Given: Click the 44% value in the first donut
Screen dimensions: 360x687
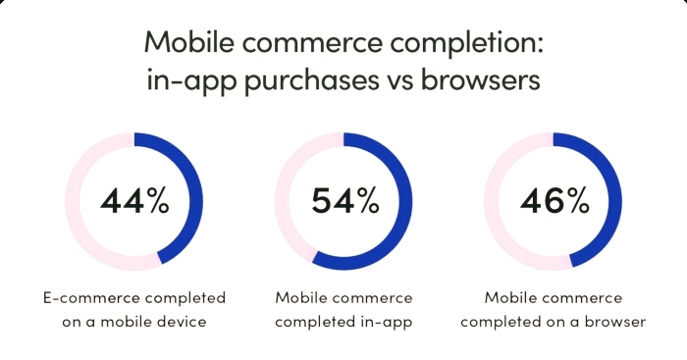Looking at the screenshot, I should pyautogui.click(x=134, y=201).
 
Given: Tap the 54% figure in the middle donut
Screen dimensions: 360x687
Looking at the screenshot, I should pyautogui.click(x=344, y=201).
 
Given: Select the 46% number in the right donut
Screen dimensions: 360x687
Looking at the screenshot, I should pyautogui.click(x=555, y=201).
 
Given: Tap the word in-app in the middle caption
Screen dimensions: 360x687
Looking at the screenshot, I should pyautogui.click(x=388, y=321).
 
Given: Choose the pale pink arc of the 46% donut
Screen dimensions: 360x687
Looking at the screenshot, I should pyautogui.click(x=495, y=201).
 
